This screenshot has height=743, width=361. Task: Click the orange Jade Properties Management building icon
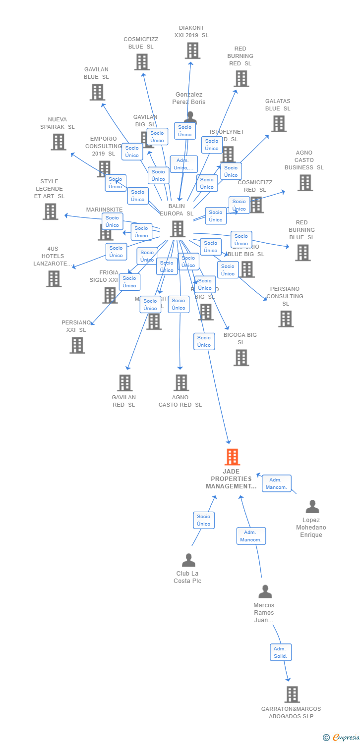232,457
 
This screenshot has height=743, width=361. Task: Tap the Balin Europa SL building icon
178,229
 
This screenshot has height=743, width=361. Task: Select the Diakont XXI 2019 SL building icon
192,51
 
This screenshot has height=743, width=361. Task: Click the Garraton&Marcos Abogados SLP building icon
292,694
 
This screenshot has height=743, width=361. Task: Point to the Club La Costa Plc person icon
188,560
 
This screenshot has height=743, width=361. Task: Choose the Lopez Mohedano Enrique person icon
312,507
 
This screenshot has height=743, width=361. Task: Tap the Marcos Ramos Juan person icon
265,592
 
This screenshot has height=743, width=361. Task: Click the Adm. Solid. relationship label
281,652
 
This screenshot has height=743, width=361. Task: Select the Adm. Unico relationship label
183,164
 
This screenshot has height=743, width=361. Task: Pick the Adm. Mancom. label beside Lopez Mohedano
276,483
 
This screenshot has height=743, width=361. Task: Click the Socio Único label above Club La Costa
203,520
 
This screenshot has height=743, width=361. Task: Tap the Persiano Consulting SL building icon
286,319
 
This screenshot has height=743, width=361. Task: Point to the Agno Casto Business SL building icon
304,183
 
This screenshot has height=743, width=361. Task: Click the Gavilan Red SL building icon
124,383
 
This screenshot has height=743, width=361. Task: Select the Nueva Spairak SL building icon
59,142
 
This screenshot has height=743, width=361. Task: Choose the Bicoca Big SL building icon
241,358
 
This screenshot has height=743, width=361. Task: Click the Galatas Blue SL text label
278,105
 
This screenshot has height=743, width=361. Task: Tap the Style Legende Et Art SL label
49,189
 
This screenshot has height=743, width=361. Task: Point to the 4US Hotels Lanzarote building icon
54,279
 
